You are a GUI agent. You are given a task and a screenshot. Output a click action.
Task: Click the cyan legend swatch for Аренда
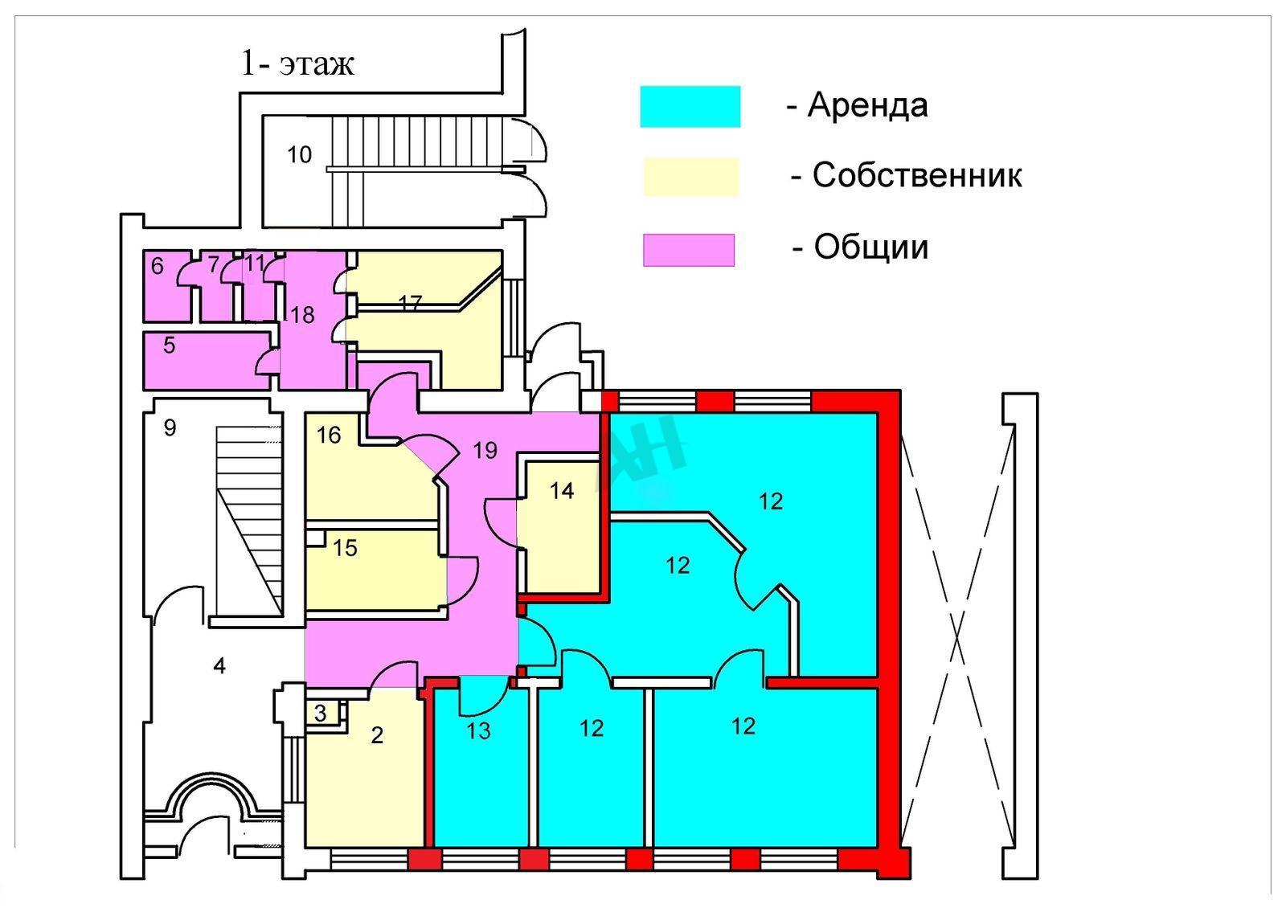coord(690,106)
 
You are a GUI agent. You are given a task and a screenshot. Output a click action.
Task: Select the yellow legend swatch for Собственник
coord(691,177)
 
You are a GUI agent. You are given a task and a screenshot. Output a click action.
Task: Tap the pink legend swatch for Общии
coord(688,250)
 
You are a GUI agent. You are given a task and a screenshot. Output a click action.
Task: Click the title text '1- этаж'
coord(297,63)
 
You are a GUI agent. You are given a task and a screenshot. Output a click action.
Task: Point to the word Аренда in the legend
coord(867,105)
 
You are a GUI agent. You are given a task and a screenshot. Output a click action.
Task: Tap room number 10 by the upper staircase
coord(299,154)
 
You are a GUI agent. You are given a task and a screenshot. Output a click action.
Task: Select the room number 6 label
coord(158,265)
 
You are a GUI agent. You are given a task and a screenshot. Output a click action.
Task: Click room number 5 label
coord(170,345)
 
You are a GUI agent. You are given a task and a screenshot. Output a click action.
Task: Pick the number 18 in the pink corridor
coord(302,314)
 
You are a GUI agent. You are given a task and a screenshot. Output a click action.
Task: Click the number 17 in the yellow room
coord(410,302)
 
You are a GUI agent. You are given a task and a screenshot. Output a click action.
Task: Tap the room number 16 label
coord(329,435)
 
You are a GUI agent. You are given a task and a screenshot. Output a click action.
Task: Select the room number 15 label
coord(345,547)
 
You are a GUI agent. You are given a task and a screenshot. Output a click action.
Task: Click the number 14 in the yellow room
coord(562,491)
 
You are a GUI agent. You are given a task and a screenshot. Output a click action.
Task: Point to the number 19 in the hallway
coord(485,451)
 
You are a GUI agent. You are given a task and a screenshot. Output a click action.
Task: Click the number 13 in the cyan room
coord(479,730)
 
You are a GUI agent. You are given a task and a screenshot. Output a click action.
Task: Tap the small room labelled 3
coord(321,714)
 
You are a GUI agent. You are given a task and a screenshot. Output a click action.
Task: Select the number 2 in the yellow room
coord(377,735)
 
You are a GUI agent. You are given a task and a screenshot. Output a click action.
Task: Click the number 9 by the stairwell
coord(170,427)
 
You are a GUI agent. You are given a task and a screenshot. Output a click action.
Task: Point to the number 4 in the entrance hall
coord(219,666)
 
